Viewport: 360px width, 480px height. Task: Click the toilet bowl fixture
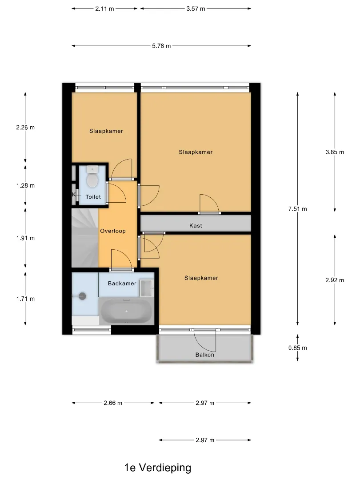92,176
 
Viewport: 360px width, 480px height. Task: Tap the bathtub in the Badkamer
126,311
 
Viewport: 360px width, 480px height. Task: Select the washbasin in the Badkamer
147,288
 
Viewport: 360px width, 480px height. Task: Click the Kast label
196,226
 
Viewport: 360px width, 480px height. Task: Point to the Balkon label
205,355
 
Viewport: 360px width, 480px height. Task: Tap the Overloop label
113,231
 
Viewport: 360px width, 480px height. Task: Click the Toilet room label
93,197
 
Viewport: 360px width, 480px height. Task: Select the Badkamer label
122,284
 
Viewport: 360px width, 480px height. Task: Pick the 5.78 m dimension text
161,46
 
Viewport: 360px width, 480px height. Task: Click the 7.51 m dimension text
297,209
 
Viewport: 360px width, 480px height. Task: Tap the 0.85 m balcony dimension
297,348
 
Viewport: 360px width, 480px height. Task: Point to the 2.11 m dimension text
104,8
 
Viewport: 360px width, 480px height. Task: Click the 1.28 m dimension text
25,185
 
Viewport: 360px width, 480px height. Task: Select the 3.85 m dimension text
335,152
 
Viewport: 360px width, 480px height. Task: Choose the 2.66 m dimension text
113,403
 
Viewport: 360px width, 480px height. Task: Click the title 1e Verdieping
158,468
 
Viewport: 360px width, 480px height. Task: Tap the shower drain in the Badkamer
82,296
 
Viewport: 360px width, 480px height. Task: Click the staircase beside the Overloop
85,238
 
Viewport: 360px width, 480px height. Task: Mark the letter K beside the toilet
74,194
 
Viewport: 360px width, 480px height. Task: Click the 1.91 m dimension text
25,238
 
